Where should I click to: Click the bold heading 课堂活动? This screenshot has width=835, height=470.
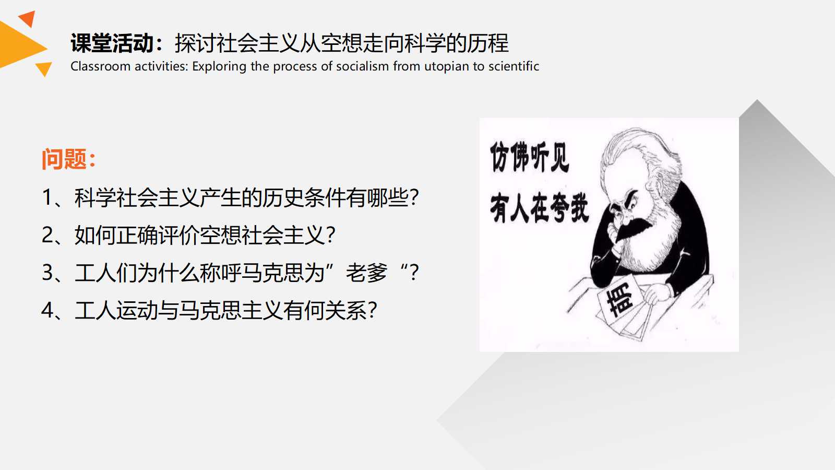click(112, 43)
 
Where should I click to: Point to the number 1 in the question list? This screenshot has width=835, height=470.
click(47, 197)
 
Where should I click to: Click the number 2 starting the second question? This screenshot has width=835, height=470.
click(47, 234)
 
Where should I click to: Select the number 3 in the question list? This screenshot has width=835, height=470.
click(47, 272)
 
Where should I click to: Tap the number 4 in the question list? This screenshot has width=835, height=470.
click(47, 310)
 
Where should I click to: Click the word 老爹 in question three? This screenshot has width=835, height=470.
click(367, 273)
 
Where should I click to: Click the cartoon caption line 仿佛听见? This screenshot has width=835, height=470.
click(530, 157)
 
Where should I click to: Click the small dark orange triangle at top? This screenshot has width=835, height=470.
click(28, 18)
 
